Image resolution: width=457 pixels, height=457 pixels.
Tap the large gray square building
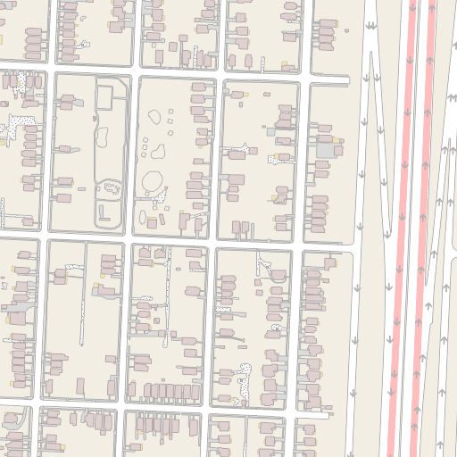328,152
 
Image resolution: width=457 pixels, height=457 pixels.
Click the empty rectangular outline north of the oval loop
104,94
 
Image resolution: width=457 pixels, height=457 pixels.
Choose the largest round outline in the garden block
152,182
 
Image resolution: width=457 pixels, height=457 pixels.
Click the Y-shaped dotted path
264,263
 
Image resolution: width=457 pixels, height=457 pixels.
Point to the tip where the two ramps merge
386,234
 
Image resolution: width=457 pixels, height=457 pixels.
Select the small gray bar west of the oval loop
81,189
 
